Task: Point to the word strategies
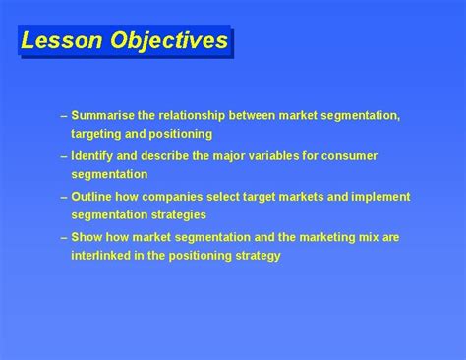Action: pos(172,213)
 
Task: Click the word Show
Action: pos(87,237)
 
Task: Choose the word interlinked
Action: pos(104,255)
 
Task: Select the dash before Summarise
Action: pos(63,116)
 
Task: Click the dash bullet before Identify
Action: pos(63,156)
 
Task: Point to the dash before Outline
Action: pos(63,197)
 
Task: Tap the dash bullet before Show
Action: pos(63,237)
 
